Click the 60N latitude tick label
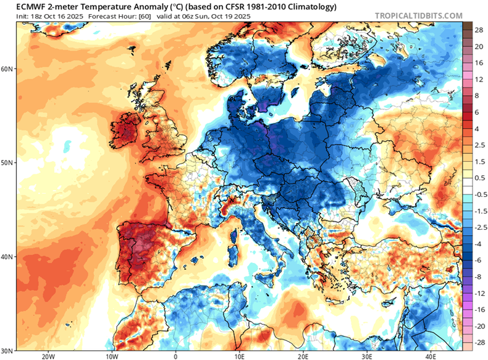(8, 69)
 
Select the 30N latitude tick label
(8, 350)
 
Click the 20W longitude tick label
(47, 356)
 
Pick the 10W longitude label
(111, 356)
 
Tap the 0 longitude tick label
(175, 356)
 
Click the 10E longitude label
(240, 356)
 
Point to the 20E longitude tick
(303, 356)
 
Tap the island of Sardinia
(235, 253)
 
